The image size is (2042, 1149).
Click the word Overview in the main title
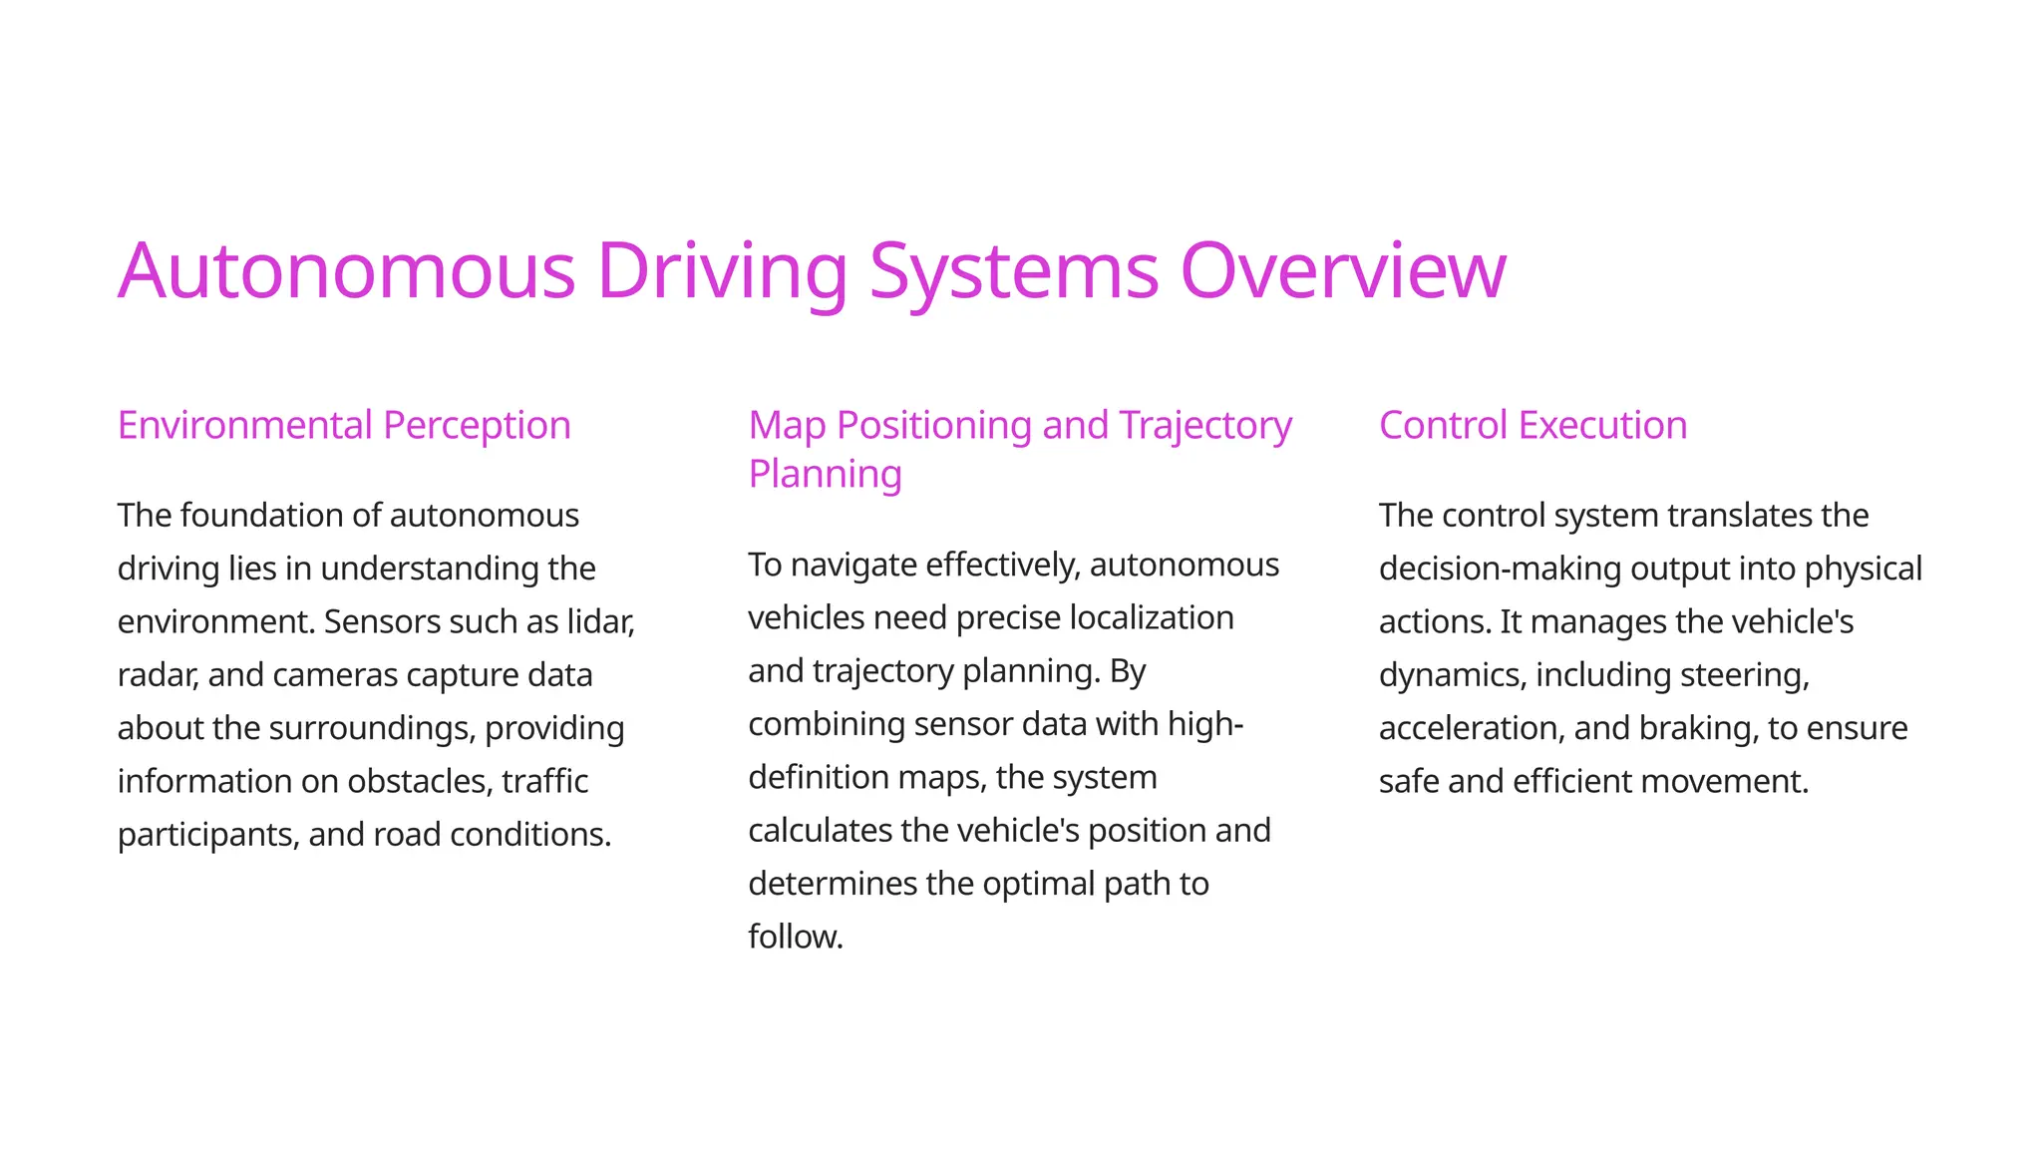(x=1342, y=270)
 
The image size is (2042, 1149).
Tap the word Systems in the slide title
(x=1013, y=270)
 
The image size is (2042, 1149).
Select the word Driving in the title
(x=722, y=270)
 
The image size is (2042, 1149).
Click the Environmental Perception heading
(x=344, y=425)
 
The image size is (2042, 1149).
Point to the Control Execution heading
(x=1532, y=425)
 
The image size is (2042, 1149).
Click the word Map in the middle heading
(x=787, y=425)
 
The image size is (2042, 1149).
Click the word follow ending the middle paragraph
(x=795, y=937)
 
